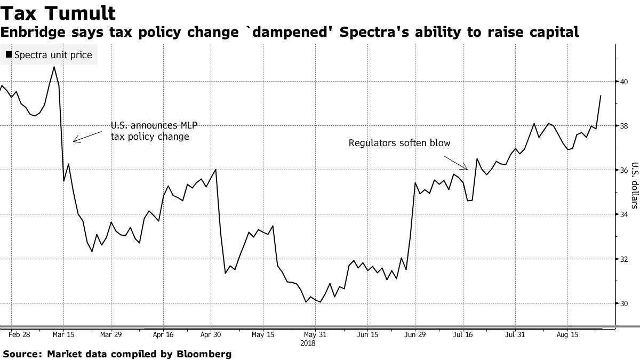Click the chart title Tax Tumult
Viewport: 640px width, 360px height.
pos(58,12)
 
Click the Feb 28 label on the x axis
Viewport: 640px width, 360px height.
pos(20,335)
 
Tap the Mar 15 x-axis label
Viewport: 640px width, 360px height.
pos(63,335)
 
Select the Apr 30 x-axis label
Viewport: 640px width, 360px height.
pos(211,335)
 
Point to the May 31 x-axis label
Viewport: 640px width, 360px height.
pos(315,335)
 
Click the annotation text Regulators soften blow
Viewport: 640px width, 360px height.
pos(399,143)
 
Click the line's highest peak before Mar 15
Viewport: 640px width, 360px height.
pos(54,67)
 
